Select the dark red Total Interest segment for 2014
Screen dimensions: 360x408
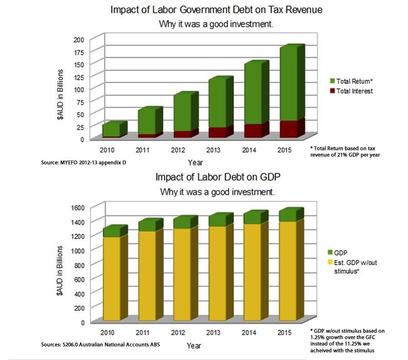tap(252, 130)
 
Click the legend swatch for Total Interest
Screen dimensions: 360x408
tap(332, 91)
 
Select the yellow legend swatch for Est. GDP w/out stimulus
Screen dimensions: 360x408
tap(332, 263)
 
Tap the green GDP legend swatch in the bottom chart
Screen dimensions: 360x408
tap(332, 252)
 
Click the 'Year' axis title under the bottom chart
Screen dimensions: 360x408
tap(194, 346)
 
